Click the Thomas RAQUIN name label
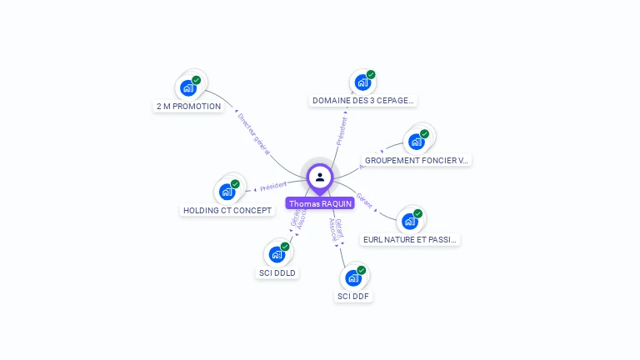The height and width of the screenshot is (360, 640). [x=320, y=203]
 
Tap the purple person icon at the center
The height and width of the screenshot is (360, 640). [x=320, y=177]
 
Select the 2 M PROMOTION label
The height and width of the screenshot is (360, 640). [x=189, y=107]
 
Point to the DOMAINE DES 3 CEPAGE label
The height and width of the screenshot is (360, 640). [x=362, y=101]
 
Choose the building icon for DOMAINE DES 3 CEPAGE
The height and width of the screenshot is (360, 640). [x=362, y=82]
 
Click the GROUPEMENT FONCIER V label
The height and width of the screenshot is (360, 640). [x=417, y=160]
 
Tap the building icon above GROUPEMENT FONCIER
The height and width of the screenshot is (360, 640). [x=416, y=142]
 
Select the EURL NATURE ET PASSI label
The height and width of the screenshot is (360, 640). [x=410, y=239]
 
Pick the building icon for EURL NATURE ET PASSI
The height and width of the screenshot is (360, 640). [x=409, y=221]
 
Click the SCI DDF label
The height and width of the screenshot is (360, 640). [x=354, y=296]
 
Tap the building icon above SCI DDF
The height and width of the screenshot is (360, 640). [x=353, y=277]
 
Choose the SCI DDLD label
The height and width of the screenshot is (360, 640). [x=277, y=272]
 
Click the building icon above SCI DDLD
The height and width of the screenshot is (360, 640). [x=277, y=254]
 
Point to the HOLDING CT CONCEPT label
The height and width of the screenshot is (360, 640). [x=227, y=210]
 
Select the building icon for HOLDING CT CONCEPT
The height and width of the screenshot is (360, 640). [x=227, y=192]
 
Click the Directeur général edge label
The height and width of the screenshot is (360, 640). [x=253, y=132]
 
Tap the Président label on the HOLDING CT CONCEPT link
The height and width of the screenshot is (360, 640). [x=273, y=186]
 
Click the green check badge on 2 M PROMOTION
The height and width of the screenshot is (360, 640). [x=197, y=80]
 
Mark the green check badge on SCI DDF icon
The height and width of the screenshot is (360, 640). [x=362, y=270]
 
